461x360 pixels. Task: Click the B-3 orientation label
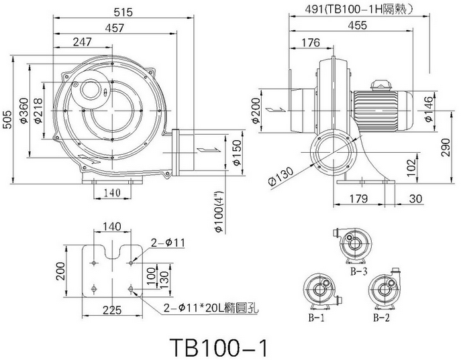pos(357,272)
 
